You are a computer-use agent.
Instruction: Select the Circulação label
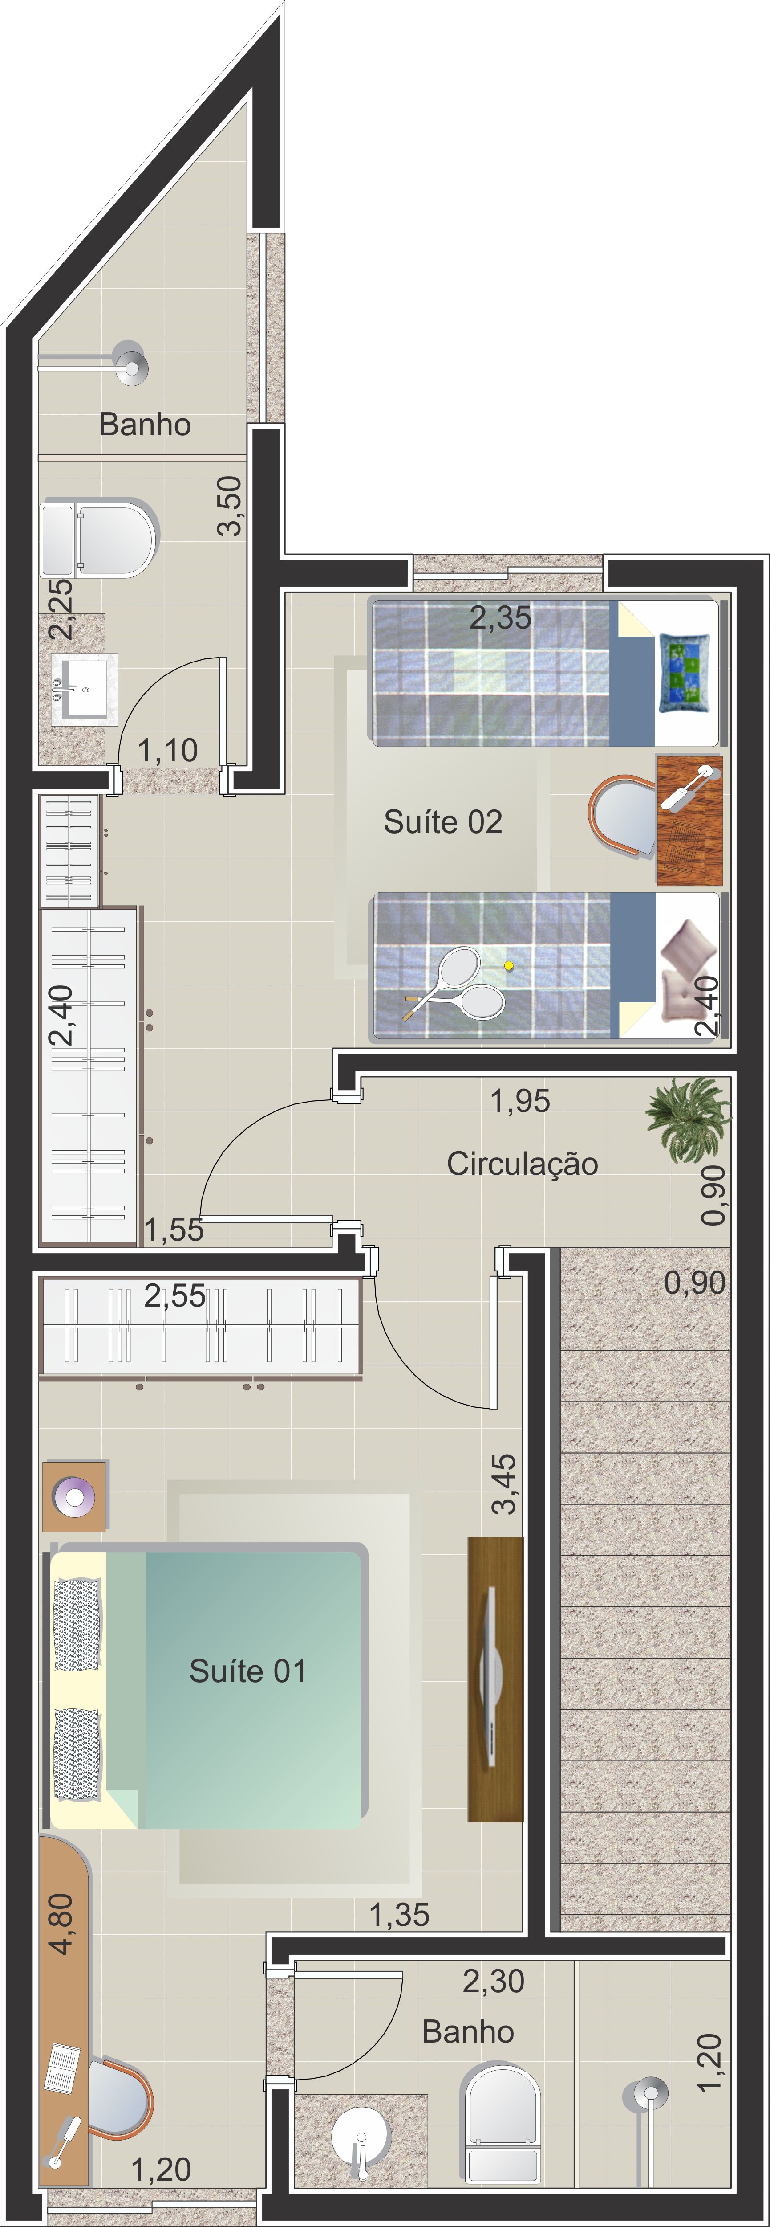[x=522, y=1164]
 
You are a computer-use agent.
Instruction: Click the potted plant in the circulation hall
[x=689, y=1118]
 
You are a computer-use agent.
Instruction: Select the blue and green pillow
[x=685, y=673]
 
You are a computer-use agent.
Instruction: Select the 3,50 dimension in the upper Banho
[x=229, y=506]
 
